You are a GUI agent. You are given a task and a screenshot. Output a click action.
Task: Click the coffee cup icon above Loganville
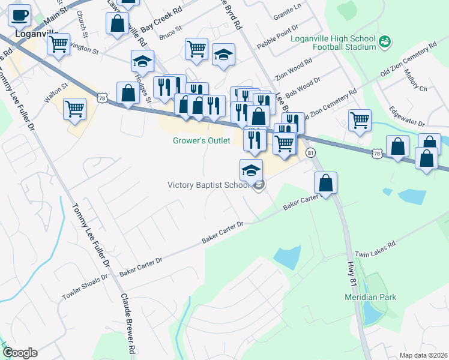click(x=20, y=16)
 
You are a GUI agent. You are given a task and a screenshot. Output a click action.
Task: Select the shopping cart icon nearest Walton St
click(x=75, y=109)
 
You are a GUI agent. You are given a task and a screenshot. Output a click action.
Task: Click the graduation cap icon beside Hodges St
click(x=142, y=61)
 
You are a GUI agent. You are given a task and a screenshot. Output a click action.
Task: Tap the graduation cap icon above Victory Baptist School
click(x=251, y=170)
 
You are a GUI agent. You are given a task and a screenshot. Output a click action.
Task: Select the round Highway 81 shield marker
click(x=310, y=153)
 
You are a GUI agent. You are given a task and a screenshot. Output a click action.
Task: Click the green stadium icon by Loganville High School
click(x=385, y=41)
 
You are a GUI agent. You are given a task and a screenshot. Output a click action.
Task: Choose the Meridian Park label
click(x=370, y=297)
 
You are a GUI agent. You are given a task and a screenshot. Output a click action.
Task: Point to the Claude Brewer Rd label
click(x=128, y=324)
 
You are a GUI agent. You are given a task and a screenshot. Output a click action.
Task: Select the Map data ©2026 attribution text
click(x=423, y=355)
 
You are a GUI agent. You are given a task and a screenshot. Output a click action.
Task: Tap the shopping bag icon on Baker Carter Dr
click(x=325, y=184)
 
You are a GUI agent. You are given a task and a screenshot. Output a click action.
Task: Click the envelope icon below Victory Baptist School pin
click(x=259, y=186)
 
